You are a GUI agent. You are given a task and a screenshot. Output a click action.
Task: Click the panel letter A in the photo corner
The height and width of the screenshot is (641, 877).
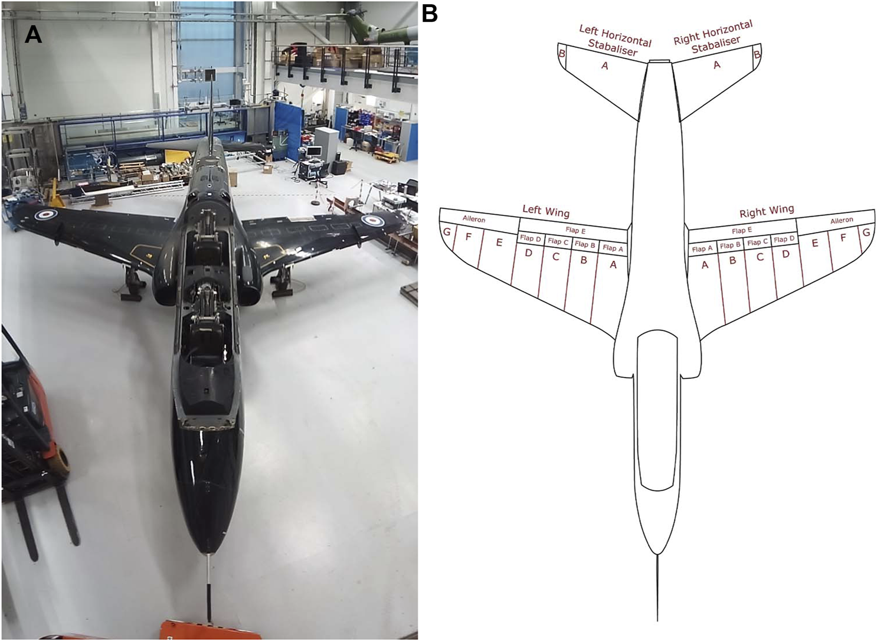33,35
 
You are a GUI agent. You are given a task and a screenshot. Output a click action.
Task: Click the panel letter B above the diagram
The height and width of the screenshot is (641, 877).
430,14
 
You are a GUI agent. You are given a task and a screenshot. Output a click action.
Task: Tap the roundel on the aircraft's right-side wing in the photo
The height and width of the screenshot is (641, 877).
369,222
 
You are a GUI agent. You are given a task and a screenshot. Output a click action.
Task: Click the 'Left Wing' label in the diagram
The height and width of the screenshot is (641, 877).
546,210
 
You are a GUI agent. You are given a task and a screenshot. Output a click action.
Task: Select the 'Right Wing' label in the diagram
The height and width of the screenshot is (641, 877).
767,211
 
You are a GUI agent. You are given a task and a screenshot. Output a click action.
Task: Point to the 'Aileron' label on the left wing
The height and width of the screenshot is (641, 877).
474,220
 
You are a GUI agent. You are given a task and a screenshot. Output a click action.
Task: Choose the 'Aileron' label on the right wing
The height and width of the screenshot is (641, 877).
842,220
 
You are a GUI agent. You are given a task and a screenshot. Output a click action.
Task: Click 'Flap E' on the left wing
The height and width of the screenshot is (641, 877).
575,231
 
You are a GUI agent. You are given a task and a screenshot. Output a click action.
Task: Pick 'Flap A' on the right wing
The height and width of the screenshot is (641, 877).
702,249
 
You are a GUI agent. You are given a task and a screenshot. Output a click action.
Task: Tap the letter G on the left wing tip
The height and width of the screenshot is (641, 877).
447,232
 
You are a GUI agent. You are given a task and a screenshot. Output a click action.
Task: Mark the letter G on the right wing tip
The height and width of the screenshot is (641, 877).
866,233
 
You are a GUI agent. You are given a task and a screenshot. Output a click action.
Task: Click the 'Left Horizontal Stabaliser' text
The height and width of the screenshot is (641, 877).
614,40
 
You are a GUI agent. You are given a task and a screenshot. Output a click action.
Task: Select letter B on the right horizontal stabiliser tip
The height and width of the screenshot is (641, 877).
757,55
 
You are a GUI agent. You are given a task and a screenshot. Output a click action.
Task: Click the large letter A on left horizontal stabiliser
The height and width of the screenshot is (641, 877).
604,66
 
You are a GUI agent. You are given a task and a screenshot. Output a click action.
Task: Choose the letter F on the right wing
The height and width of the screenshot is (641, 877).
843,238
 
